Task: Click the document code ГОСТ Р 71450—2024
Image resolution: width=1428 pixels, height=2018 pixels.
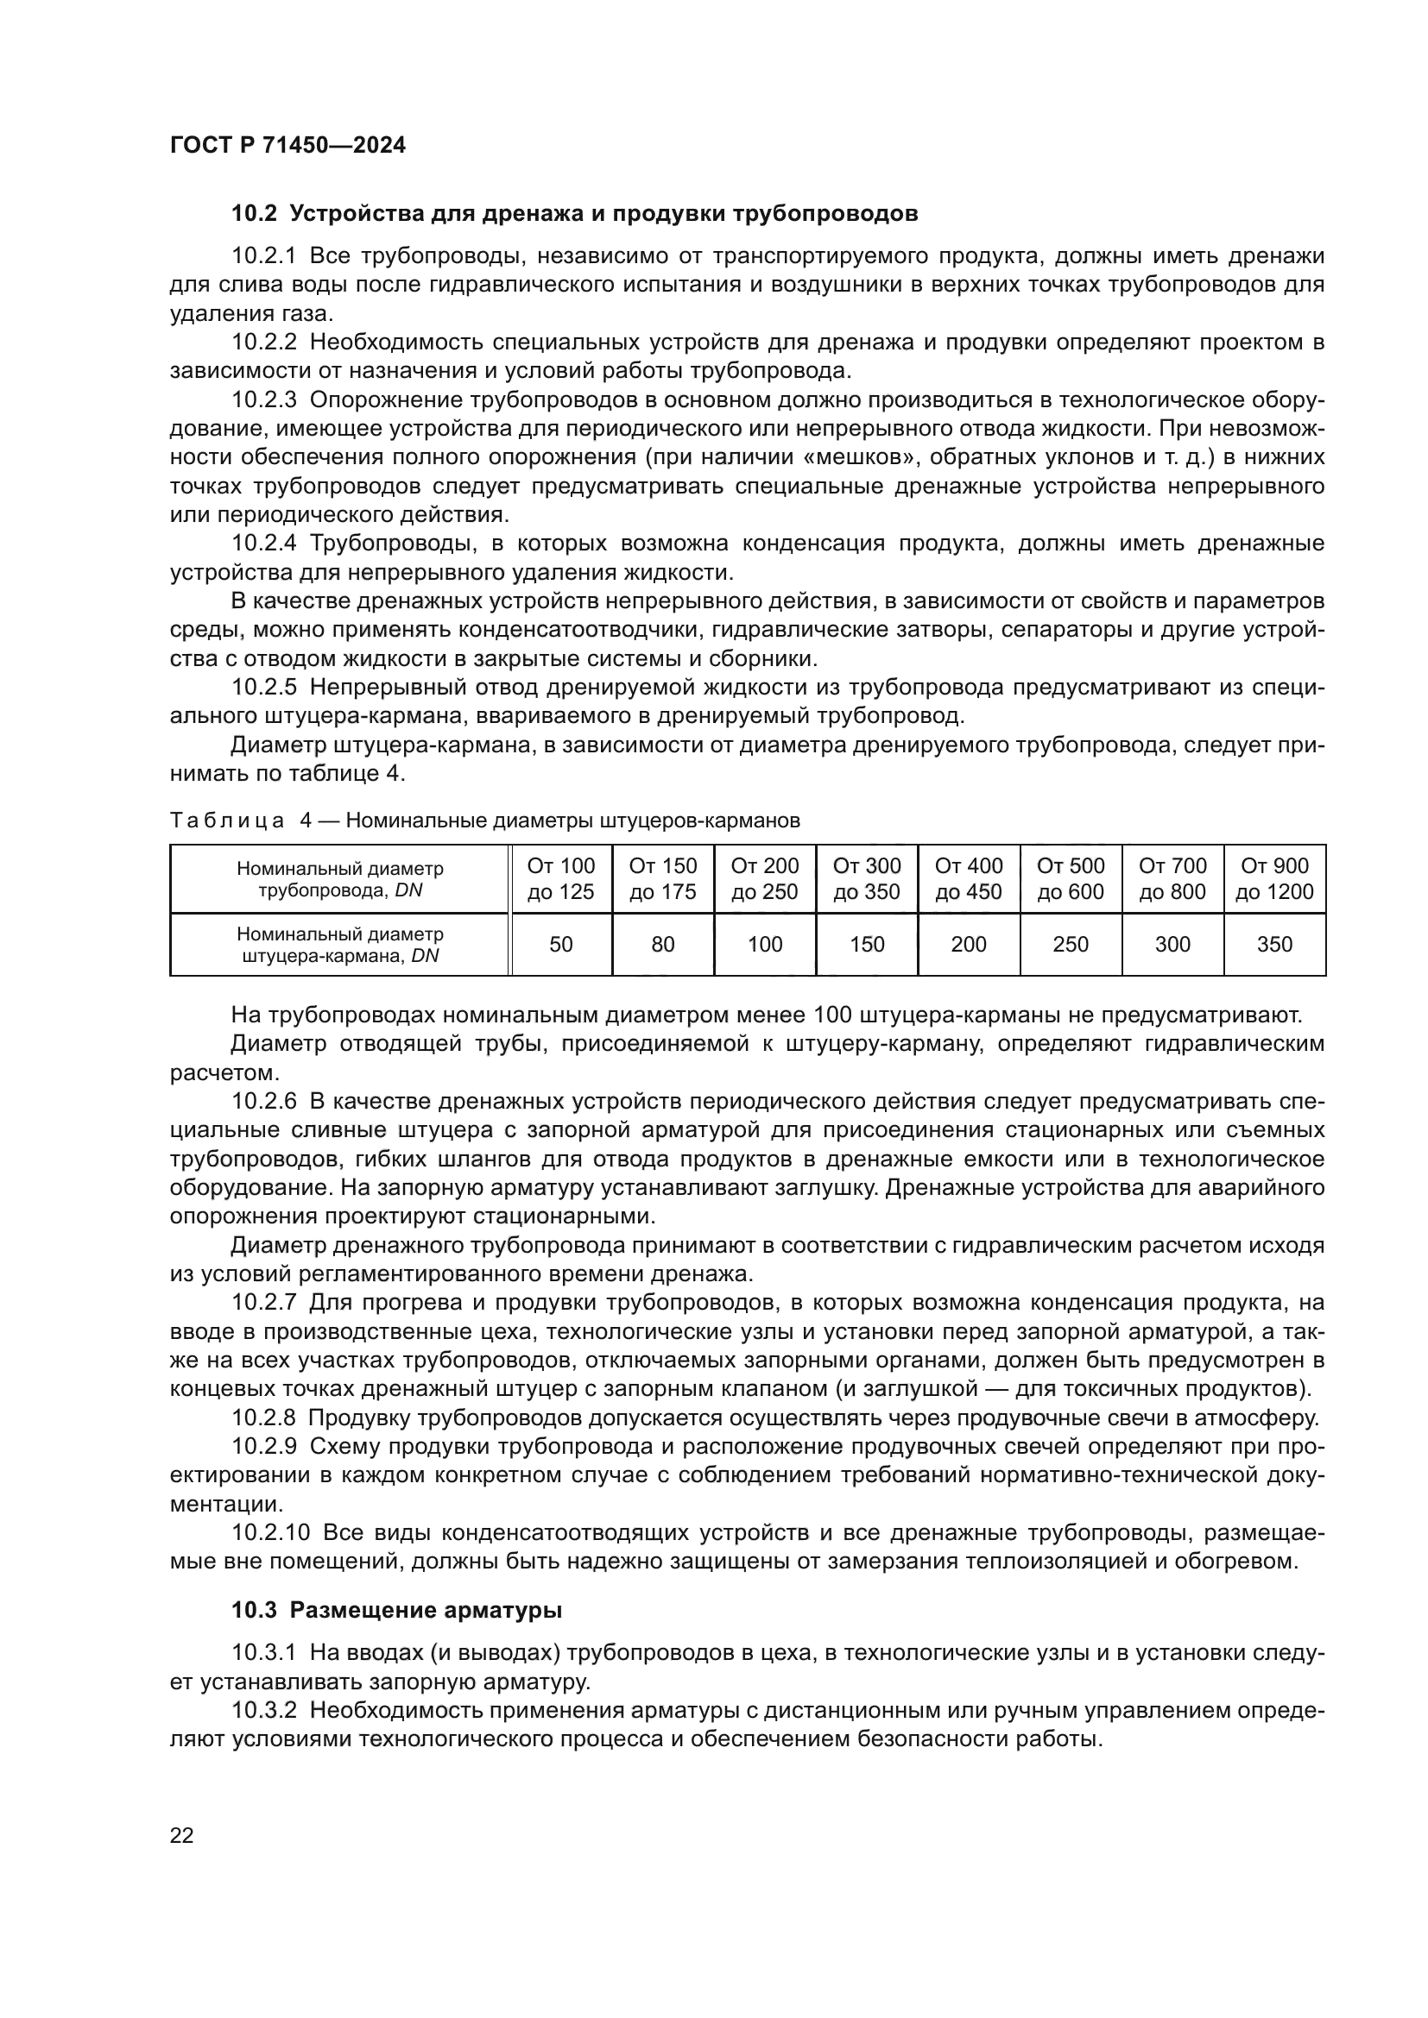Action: (287, 146)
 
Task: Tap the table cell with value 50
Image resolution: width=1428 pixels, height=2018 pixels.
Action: (560, 944)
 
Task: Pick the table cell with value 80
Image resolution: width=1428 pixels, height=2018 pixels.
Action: (662, 944)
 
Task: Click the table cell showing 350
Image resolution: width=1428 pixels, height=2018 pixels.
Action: (1273, 944)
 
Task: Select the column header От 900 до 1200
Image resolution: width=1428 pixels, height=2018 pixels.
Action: (1273, 878)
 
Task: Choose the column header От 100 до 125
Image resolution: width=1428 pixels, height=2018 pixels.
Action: (560, 878)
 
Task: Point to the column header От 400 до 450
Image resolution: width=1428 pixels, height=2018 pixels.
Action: (968, 878)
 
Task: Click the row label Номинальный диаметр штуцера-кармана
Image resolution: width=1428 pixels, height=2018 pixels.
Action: (339, 944)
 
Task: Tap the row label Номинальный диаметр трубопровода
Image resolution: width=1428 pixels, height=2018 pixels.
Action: (339, 879)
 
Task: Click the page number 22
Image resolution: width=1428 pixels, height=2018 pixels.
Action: (181, 1835)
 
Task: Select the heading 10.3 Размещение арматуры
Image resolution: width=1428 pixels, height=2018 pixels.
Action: (396, 1610)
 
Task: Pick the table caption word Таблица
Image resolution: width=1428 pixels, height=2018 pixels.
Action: (226, 820)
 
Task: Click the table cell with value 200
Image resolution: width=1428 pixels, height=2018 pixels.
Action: (968, 944)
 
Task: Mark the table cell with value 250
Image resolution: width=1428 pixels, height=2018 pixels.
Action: (1070, 944)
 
